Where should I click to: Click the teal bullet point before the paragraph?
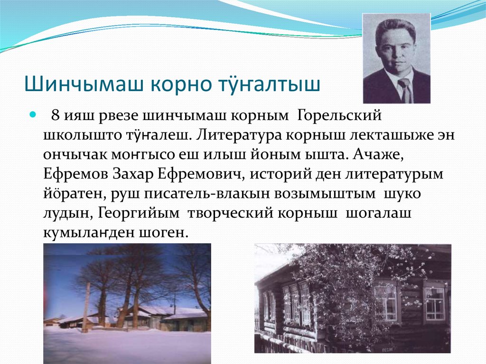click(33, 115)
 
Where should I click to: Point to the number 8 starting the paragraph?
click(55, 115)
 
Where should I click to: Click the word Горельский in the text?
click(340, 115)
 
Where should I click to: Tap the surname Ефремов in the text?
click(75, 174)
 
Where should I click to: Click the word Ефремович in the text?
click(203, 174)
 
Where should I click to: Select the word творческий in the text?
click(230, 214)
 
